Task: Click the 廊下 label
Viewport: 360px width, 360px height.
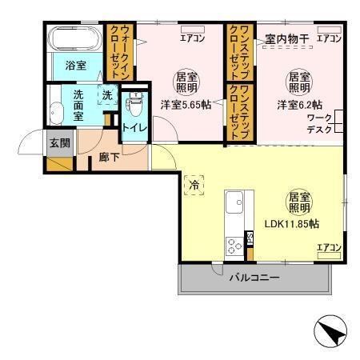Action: [110, 158]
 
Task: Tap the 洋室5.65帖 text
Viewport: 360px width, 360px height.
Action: [186, 104]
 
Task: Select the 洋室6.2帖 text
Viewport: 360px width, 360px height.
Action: [300, 104]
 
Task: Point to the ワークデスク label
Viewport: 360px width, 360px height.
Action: [321, 126]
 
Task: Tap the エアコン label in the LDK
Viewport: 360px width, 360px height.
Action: [329, 247]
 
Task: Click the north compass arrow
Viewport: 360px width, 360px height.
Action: [330, 332]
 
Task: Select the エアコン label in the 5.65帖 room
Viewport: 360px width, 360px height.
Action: [191, 38]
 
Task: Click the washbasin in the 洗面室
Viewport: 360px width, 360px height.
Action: [54, 108]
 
